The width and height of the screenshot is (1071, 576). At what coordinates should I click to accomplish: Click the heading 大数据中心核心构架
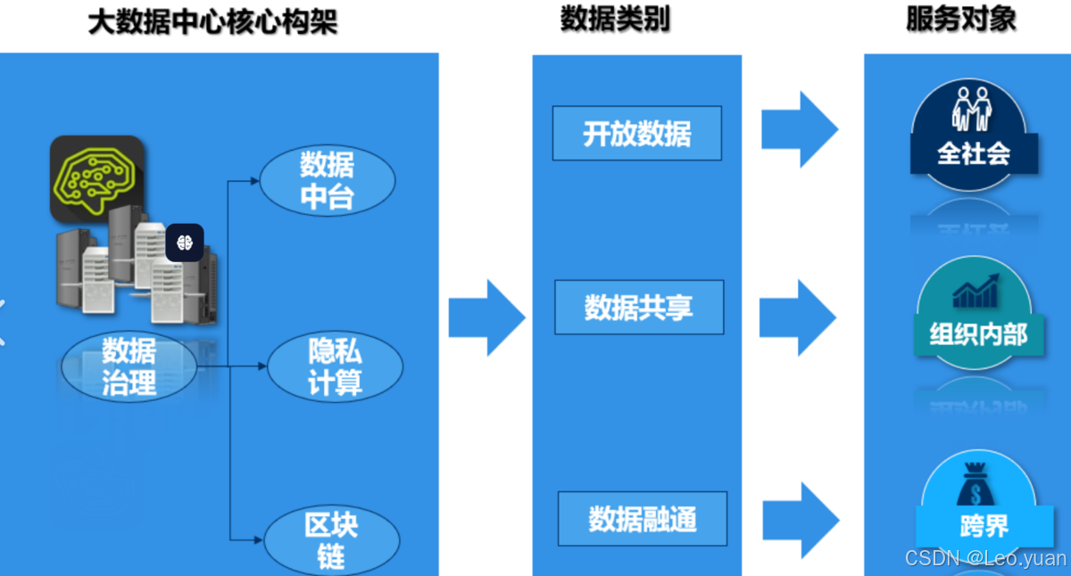point(212,22)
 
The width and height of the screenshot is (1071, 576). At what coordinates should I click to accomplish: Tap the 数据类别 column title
point(615,20)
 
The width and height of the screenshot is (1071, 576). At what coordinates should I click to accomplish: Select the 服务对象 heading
point(960,20)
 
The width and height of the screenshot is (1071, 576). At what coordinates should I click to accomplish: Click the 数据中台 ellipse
point(327,180)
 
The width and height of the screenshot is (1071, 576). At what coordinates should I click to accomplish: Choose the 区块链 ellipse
point(331,540)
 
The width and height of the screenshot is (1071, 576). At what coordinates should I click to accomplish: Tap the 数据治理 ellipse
point(129,366)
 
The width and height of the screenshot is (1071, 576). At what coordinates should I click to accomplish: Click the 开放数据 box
point(636,134)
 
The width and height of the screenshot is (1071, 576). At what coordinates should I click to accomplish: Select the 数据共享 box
point(638,308)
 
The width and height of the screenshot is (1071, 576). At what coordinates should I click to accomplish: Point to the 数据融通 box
point(642,519)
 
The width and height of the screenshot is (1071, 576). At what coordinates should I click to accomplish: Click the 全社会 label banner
point(974,153)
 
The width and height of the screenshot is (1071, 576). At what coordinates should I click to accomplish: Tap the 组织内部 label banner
point(978,334)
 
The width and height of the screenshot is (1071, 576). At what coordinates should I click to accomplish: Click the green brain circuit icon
point(96,177)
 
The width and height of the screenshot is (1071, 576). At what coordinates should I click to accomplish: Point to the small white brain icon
point(185,243)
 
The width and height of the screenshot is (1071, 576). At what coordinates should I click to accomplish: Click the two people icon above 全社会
point(972,109)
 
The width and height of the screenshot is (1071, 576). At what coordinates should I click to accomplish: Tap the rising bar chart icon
point(976,291)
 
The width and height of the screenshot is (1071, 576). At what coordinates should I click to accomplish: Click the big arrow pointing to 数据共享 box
point(486,317)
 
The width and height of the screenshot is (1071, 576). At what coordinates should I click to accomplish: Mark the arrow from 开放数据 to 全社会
point(800,129)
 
